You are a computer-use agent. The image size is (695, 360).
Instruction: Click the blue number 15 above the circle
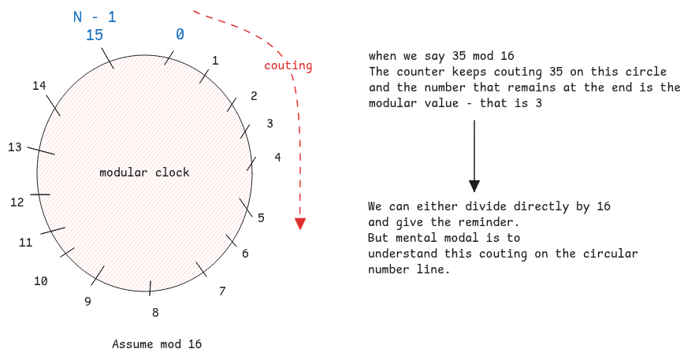(x=94, y=35)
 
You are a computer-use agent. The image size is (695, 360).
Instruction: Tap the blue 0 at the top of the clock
(x=180, y=35)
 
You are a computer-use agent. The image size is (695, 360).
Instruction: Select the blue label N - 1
(x=94, y=16)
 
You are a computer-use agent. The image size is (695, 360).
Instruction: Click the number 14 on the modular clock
(x=39, y=86)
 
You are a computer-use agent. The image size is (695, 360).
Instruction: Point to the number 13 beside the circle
(x=15, y=147)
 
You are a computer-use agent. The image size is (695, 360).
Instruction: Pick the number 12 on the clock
(x=17, y=202)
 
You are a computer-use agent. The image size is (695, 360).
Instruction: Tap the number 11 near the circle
(x=26, y=243)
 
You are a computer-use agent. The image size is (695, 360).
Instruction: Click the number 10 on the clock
(x=40, y=280)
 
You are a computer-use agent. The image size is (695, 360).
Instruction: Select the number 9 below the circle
(x=87, y=301)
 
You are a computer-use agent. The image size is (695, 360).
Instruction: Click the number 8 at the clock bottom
(x=155, y=312)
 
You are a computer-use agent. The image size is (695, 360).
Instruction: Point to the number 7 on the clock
(x=222, y=291)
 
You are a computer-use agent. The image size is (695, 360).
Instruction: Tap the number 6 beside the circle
(x=245, y=254)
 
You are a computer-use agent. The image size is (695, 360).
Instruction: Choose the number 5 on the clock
(x=261, y=217)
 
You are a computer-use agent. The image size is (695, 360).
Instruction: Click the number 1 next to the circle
(x=215, y=60)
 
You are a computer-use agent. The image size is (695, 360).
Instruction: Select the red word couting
(x=288, y=65)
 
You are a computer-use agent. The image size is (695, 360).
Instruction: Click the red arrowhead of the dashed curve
(x=299, y=223)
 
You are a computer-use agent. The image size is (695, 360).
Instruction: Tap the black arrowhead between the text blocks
(x=474, y=186)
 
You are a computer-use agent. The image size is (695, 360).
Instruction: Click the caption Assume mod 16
(x=157, y=344)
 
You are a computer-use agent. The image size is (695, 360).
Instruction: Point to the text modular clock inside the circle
(x=144, y=172)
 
